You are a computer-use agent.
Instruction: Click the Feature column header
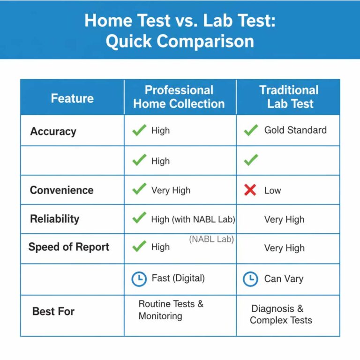(72, 98)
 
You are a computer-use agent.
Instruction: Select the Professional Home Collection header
(179, 97)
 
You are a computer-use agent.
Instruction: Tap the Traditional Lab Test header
(289, 97)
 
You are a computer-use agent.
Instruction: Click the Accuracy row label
(53, 131)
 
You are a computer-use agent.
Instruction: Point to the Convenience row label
(61, 190)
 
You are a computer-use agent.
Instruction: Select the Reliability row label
(54, 219)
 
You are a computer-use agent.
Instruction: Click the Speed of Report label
(68, 247)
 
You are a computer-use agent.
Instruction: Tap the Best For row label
(53, 311)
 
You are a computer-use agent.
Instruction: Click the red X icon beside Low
(250, 190)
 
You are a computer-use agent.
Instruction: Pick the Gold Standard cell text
(295, 130)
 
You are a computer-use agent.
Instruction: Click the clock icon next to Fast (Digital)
(139, 279)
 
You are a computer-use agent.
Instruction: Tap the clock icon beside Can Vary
(250, 279)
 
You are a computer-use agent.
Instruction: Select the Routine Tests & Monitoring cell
(171, 310)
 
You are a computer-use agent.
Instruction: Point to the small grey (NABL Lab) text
(211, 239)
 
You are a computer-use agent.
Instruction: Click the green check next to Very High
(139, 190)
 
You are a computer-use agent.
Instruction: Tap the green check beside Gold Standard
(251, 130)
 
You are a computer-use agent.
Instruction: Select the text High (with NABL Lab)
(193, 219)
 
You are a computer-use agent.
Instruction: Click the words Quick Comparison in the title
(180, 41)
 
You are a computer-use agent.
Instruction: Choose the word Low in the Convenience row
(272, 190)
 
